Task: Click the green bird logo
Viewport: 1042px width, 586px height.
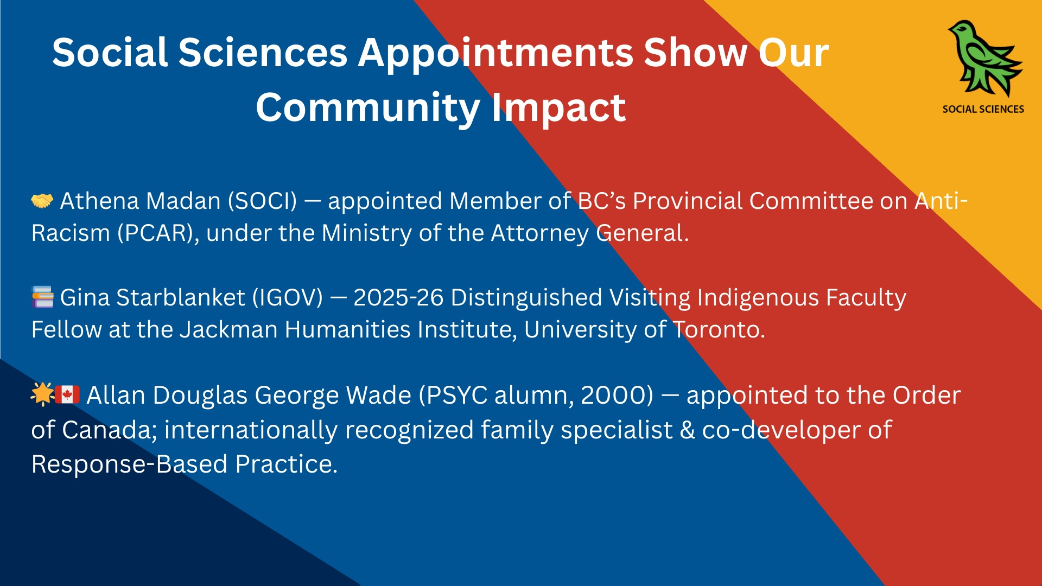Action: [x=984, y=59]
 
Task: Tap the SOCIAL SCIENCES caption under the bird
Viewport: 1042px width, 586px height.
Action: [x=983, y=109]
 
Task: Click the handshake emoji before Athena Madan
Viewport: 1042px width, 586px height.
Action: [x=42, y=201]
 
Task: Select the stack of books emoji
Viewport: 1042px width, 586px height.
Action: [x=43, y=297]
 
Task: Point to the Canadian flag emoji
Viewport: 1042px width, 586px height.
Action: [x=67, y=394]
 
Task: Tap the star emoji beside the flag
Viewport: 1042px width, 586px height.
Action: [x=42, y=394]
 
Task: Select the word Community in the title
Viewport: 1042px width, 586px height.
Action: [x=368, y=107]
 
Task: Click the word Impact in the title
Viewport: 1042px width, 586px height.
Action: [x=559, y=108]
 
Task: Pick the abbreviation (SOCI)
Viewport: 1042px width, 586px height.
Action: [x=263, y=201]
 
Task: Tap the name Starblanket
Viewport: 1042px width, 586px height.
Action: [x=181, y=297]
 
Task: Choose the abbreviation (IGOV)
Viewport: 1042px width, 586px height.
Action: [x=288, y=298]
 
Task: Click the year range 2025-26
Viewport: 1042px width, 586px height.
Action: [x=398, y=297]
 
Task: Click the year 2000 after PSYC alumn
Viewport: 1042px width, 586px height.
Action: [x=617, y=395]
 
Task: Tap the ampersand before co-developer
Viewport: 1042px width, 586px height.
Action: [x=688, y=430]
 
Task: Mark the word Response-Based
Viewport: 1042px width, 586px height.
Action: [x=130, y=464]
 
